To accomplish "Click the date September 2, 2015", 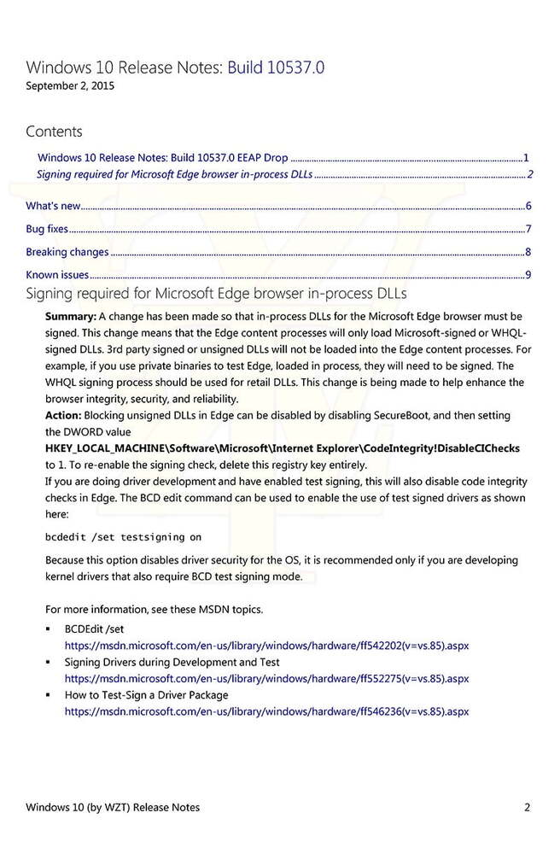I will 69,85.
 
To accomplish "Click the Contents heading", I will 54,132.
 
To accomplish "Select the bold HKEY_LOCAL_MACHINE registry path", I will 282,448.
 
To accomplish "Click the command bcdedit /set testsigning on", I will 123,537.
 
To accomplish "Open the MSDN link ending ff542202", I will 266,646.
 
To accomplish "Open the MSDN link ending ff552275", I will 266,678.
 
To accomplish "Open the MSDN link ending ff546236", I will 266,711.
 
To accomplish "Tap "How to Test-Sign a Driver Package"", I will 146,694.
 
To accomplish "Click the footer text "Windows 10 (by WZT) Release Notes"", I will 113,807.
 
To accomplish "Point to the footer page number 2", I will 528,807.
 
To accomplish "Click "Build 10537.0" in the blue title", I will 276,67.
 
